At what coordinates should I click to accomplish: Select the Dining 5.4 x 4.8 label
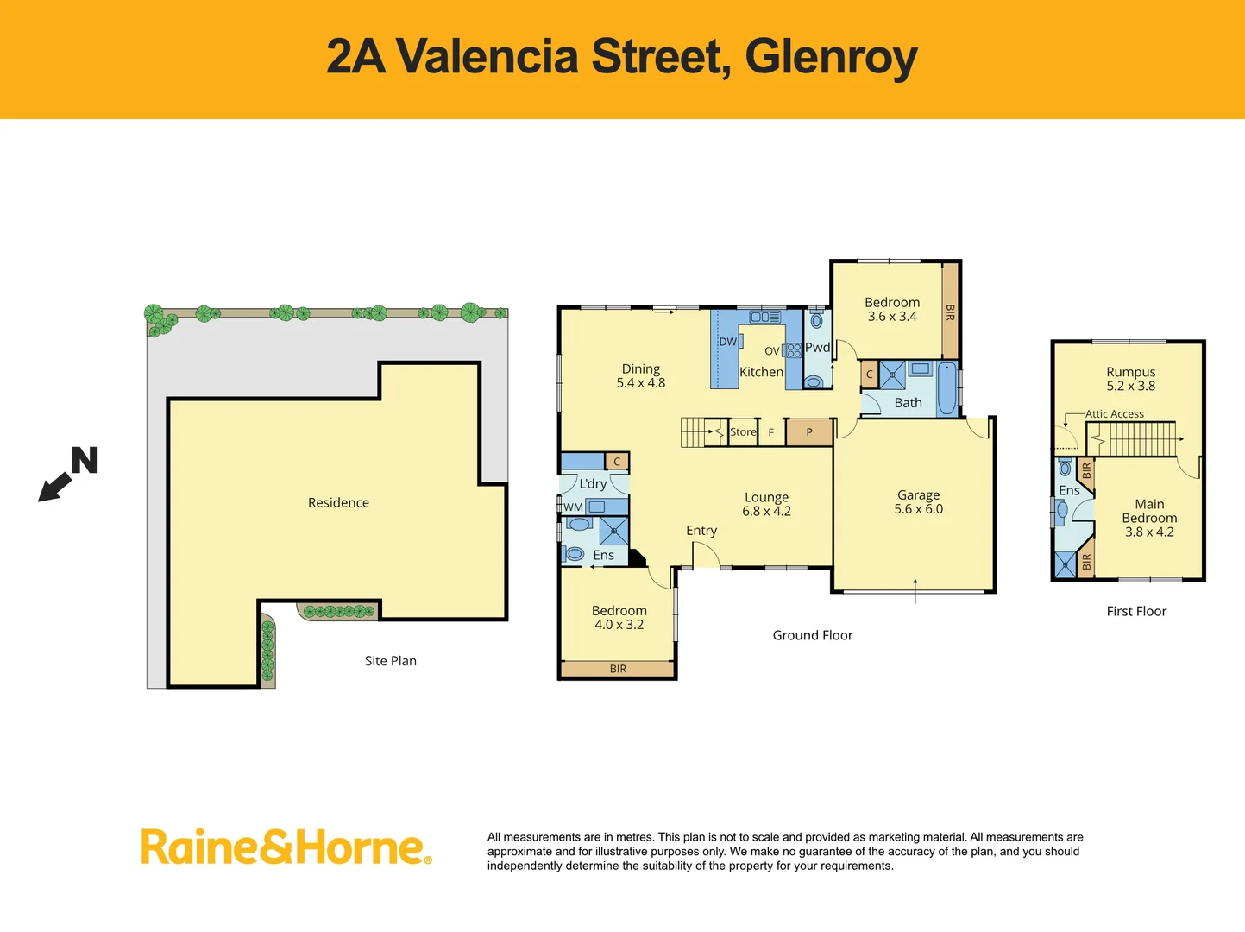[641, 375]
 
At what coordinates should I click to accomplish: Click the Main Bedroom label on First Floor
[1149, 518]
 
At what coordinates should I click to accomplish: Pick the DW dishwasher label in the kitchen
[727, 342]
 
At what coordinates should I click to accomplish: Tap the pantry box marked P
[809, 432]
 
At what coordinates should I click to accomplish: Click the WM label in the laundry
[573, 507]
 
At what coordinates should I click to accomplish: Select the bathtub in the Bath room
[946, 389]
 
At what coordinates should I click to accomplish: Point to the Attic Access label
[1115, 414]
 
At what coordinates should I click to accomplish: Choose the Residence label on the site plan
[338, 502]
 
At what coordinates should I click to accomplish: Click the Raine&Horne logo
[286, 847]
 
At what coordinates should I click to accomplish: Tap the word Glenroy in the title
[831, 57]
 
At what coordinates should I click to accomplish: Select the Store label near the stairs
[743, 431]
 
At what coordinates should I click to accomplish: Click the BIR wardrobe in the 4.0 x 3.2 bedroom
[618, 669]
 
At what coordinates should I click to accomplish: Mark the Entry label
[701, 531]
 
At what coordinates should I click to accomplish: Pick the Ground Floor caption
[813, 635]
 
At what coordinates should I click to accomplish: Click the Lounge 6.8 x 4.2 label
[766, 504]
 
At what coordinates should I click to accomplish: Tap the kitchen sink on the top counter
[764, 317]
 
